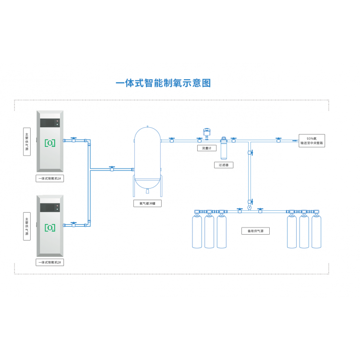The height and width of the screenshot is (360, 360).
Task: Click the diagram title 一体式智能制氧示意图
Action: pyautogui.click(x=163, y=83)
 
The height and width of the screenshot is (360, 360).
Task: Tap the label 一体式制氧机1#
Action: pyautogui.click(x=50, y=178)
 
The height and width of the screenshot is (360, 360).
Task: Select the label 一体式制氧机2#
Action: pyautogui.click(x=50, y=263)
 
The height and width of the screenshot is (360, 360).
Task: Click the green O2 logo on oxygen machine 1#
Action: pyautogui.click(x=50, y=143)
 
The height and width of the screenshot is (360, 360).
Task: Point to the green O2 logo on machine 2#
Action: pyautogui.click(x=50, y=227)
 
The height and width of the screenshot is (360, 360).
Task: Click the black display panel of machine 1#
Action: pyautogui.click(x=50, y=123)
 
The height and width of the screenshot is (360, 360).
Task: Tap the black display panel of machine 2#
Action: pyautogui.click(x=50, y=207)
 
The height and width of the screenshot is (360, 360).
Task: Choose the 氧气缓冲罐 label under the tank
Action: pyautogui.click(x=147, y=204)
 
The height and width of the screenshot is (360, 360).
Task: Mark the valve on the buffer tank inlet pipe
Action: pyautogui.click(x=112, y=168)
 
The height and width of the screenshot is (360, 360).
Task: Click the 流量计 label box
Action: pyautogui.click(x=207, y=148)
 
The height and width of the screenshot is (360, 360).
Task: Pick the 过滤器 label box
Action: pyautogui.click(x=224, y=165)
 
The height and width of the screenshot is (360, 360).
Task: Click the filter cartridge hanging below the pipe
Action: pyautogui.click(x=224, y=149)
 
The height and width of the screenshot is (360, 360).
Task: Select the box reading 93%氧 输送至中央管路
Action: pyautogui.click(x=312, y=140)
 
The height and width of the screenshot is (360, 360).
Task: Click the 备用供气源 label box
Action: pyautogui.click(x=255, y=231)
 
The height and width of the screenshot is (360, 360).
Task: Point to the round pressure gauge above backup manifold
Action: pyautogui.click(x=250, y=208)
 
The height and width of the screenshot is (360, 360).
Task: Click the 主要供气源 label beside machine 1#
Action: pyautogui.click(x=27, y=142)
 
